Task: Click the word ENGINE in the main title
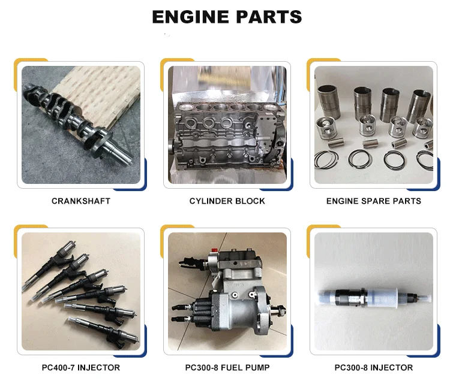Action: (191, 17)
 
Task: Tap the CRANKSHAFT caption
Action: (81, 201)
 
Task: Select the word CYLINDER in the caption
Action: (211, 201)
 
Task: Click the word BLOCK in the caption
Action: (250, 201)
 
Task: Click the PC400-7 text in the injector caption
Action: (58, 368)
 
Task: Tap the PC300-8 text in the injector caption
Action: (351, 368)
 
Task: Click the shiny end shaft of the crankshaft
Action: (120, 152)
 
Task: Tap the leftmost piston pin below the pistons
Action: (337, 143)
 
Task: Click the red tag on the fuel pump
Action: (214, 250)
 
